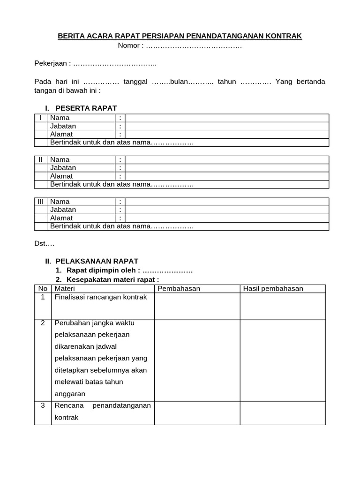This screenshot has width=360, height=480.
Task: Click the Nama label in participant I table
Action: click(60, 118)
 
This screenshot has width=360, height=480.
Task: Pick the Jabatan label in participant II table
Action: click(63, 168)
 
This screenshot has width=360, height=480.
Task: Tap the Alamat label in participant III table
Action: click(61, 218)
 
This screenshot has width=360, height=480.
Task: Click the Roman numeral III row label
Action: click(41, 202)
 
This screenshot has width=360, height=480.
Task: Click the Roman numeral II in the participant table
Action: click(41, 160)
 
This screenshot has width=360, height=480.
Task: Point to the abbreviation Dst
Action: click(45, 244)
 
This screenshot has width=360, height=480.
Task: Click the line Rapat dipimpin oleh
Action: click(103, 270)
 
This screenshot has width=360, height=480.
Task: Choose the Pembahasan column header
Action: click(179, 288)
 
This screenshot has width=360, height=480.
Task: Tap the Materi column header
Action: click(65, 288)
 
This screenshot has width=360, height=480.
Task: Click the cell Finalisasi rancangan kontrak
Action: click(101, 297)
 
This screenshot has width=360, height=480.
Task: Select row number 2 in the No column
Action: click(43, 323)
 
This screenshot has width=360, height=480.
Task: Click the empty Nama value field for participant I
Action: click(227, 118)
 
